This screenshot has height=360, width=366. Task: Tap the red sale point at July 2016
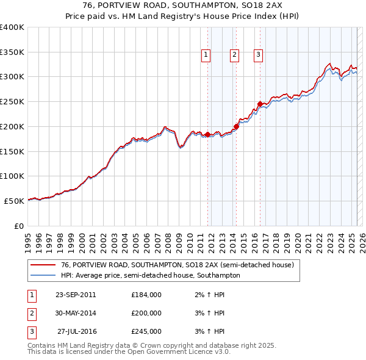(260, 104)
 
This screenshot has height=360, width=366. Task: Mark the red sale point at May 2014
(237, 126)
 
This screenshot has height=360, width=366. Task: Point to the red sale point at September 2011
(208, 134)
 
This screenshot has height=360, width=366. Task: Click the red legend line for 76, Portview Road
(43, 265)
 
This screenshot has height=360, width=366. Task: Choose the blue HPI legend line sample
(43, 276)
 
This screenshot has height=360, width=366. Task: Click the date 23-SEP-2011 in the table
(76, 295)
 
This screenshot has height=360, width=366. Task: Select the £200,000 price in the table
(146, 313)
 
